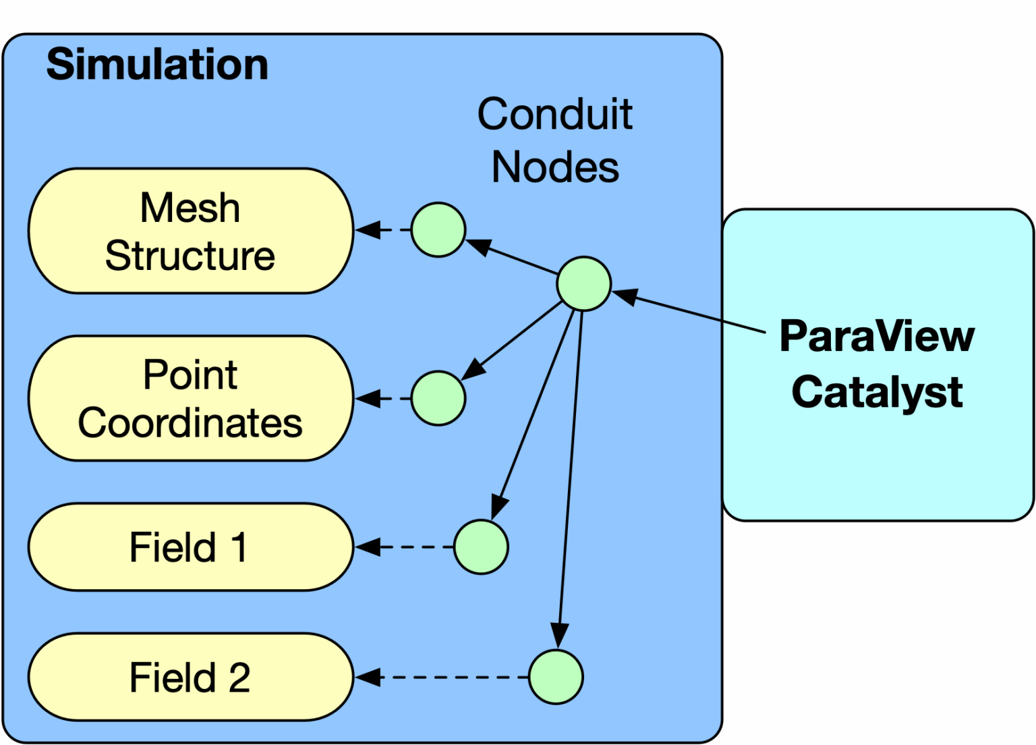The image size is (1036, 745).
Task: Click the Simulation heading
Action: click(157, 65)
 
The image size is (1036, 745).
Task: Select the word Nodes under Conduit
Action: click(554, 167)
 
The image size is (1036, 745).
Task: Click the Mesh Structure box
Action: click(190, 231)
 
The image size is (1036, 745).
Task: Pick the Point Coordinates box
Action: click(190, 398)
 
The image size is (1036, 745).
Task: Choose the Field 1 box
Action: click(190, 547)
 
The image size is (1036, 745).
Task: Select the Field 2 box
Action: click(190, 677)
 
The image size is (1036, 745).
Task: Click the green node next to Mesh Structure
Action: click(438, 229)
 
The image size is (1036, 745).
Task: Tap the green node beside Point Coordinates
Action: click(438, 398)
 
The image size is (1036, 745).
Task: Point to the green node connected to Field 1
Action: click(481, 547)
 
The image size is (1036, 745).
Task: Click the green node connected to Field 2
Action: click(556, 677)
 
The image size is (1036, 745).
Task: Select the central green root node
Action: click(584, 283)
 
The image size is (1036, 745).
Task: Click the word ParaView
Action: click(877, 335)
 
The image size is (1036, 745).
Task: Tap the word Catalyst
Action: click(877, 392)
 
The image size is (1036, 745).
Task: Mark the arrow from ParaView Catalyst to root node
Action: click(695, 312)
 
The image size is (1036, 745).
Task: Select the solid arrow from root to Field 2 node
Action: click(570, 472)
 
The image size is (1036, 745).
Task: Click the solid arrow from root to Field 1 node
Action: click(536, 412)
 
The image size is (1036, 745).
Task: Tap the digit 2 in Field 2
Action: click(239, 678)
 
